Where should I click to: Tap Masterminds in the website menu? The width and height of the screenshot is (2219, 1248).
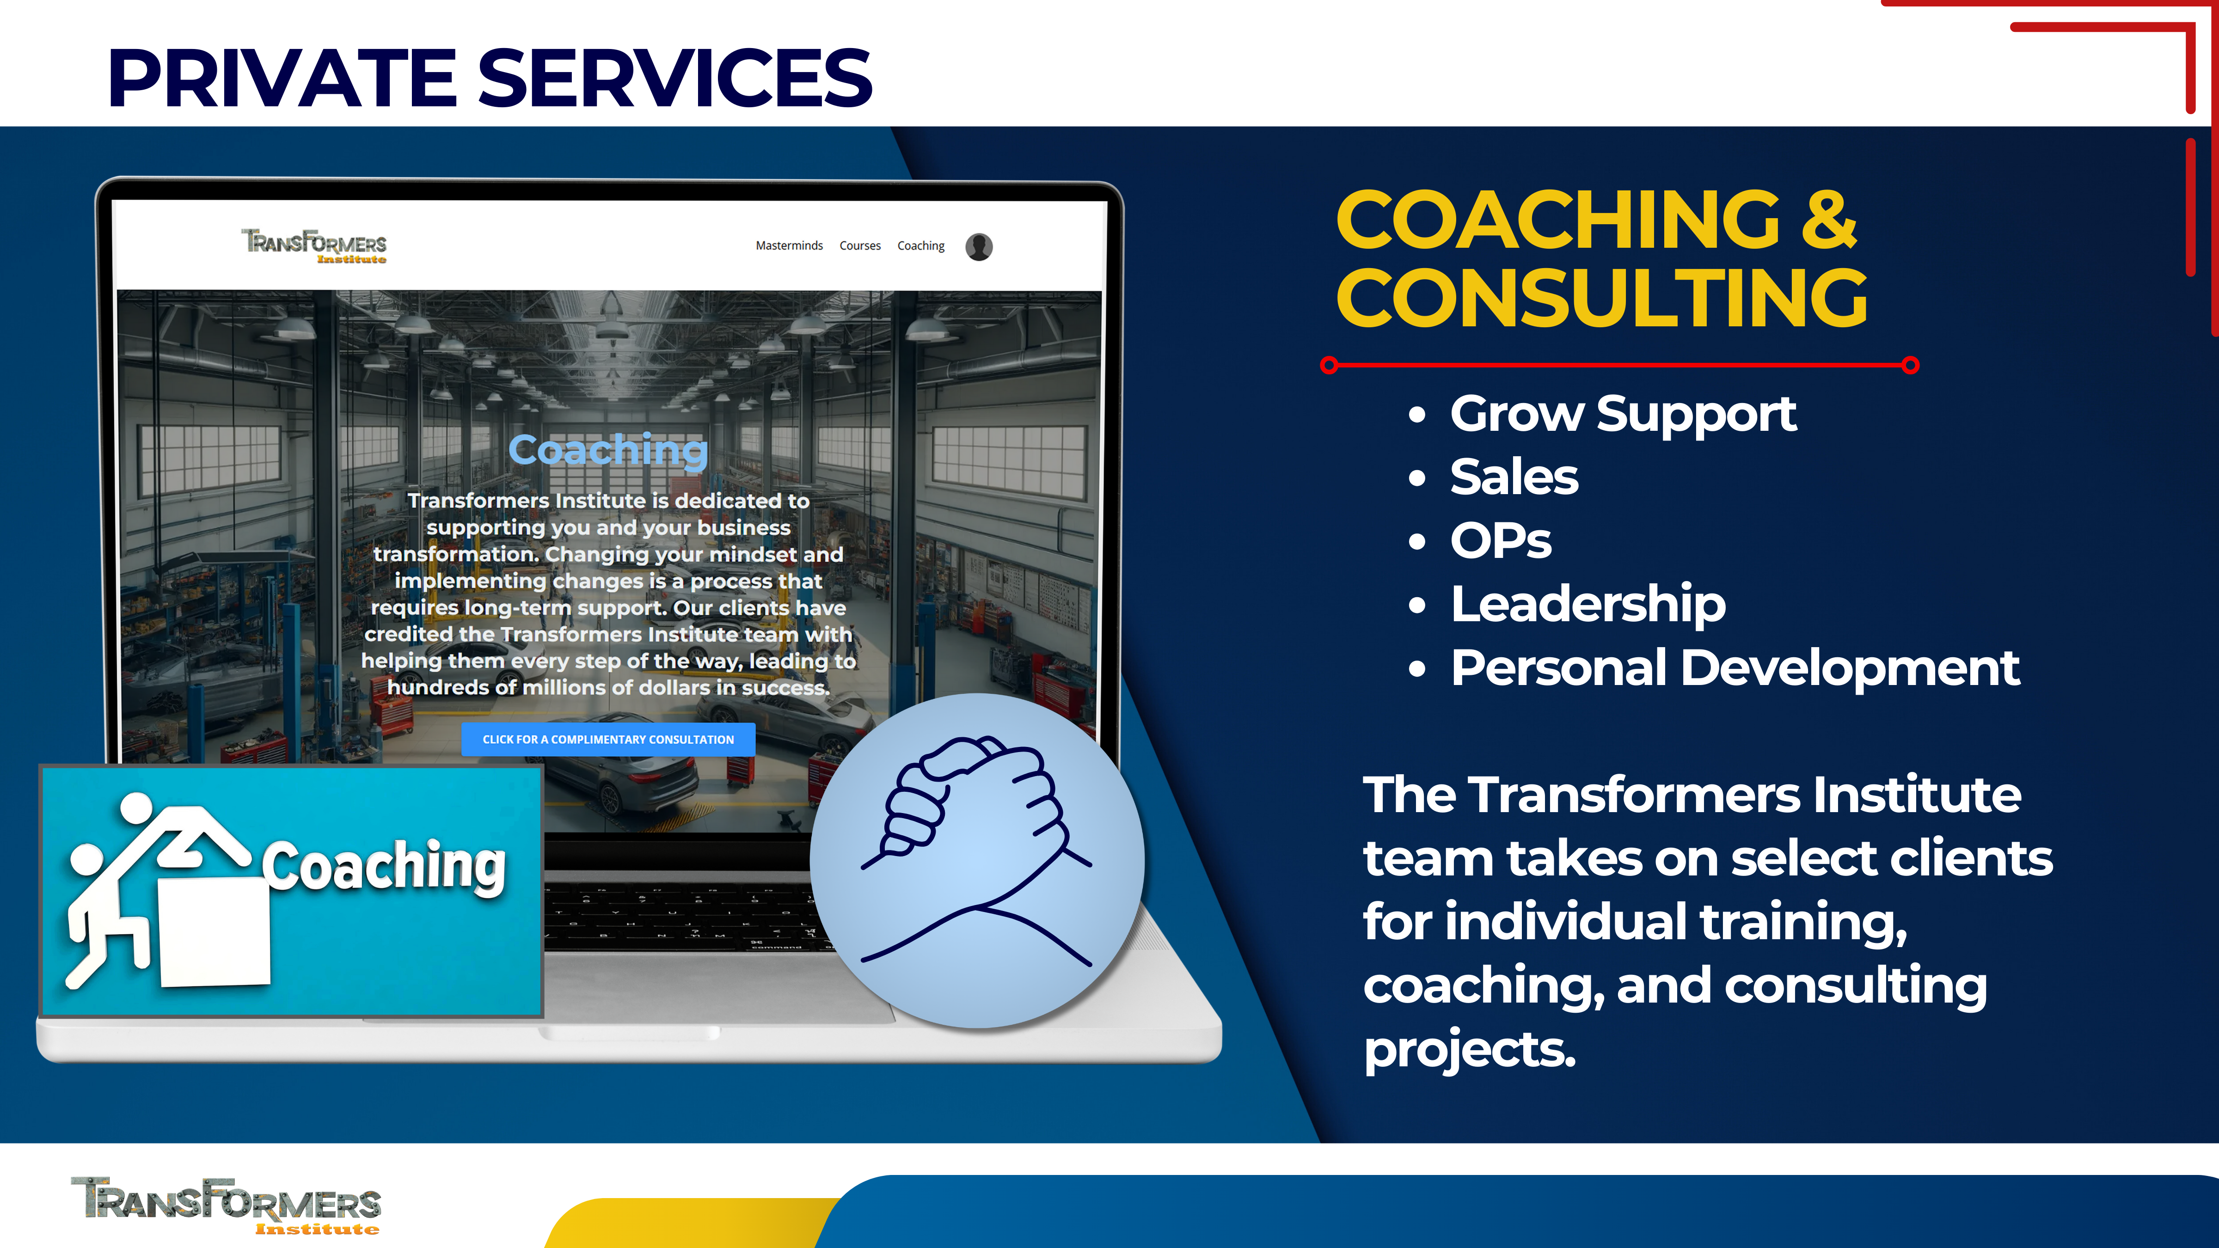[x=789, y=245]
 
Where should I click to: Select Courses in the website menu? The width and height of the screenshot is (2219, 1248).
[x=860, y=245]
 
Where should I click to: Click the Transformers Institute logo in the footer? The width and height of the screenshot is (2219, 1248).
[x=226, y=1206]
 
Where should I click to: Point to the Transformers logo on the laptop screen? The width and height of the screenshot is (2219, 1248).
[x=313, y=245]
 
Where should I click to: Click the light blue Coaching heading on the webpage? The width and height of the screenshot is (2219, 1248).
[x=608, y=450]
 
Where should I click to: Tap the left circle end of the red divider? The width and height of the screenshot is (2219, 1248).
[x=1329, y=365]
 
